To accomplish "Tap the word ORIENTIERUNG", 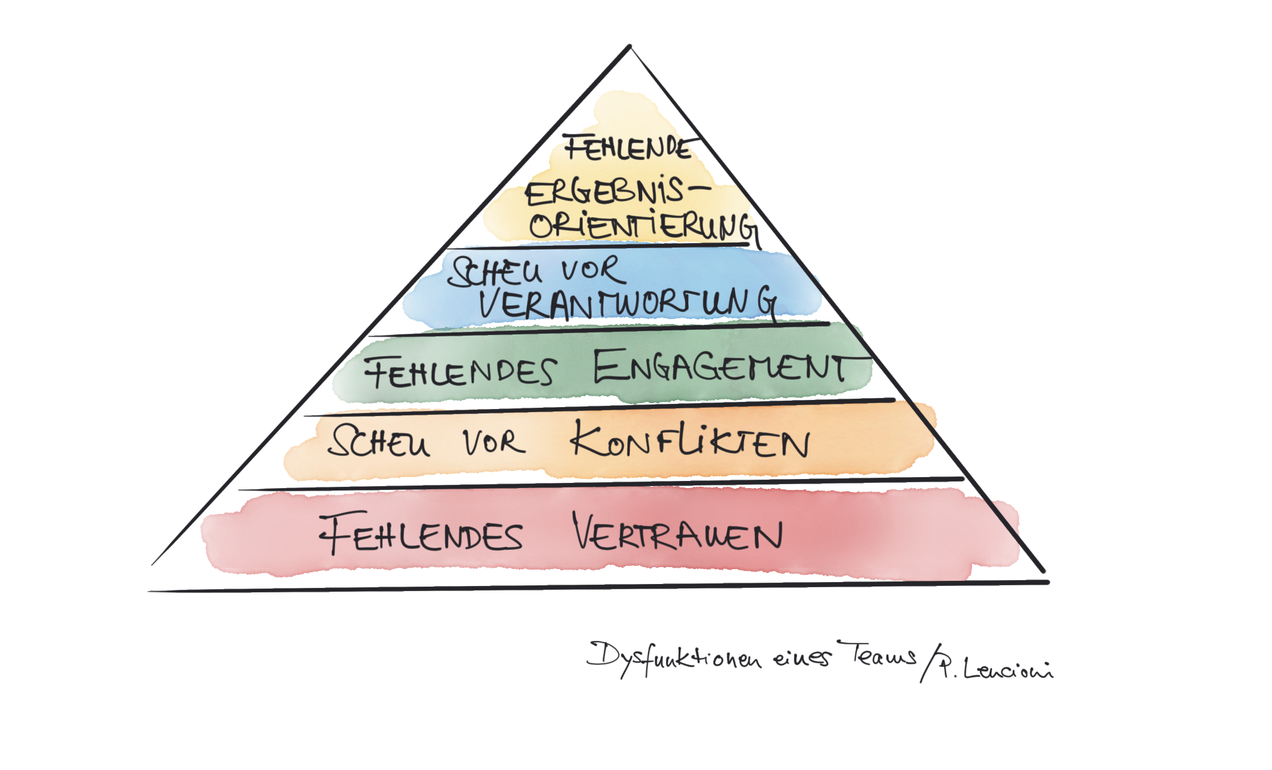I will pyautogui.click(x=642, y=227).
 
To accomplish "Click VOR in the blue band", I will pyautogui.click(x=593, y=270).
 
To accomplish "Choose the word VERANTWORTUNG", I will pyautogui.click(x=627, y=303).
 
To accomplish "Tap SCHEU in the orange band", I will pyautogui.click(x=379, y=443).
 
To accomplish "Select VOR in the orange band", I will pyautogui.click(x=494, y=443).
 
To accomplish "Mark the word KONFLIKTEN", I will pyautogui.click(x=690, y=441).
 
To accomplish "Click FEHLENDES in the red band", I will pyautogui.click(x=421, y=535).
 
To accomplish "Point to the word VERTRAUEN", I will pyautogui.click(x=677, y=535).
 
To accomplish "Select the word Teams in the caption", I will pyautogui.click(x=878, y=655).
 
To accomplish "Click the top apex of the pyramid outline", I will pyautogui.click(x=629, y=45).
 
